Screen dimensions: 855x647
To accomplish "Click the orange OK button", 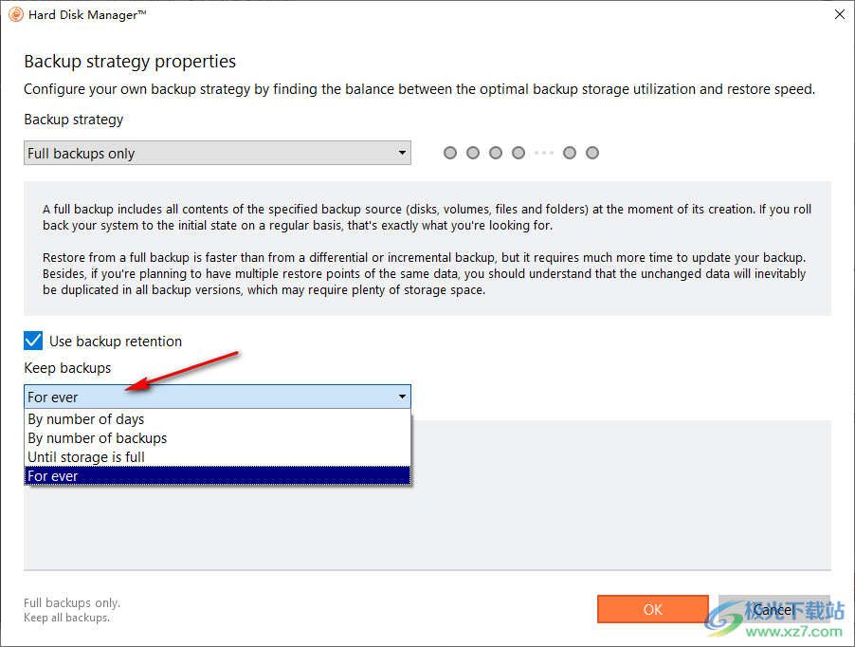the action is pyautogui.click(x=653, y=609).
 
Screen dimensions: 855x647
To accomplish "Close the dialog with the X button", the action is pyautogui.click(x=839, y=14).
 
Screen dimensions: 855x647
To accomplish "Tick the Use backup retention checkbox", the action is pyautogui.click(x=33, y=341).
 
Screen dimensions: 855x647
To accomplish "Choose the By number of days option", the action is pyautogui.click(x=86, y=419).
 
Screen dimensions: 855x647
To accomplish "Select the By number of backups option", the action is pyautogui.click(x=97, y=438).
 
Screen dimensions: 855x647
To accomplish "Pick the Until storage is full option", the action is pyautogui.click(x=86, y=457).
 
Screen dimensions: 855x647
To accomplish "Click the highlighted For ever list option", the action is pyautogui.click(x=218, y=475).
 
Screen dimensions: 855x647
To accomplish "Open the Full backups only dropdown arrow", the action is pyautogui.click(x=402, y=153).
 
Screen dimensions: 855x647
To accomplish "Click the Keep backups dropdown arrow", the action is pyautogui.click(x=402, y=397).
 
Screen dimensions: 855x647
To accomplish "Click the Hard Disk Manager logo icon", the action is pyautogui.click(x=16, y=15).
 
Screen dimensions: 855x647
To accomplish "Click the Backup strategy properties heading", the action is pyautogui.click(x=130, y=61).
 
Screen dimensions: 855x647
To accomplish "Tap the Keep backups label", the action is pyautogui.click(x=67, y=368).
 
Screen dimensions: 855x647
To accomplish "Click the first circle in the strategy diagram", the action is pyautogui.click(x=450, y=153).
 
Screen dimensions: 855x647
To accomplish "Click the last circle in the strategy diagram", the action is pyautogui.click(x=592, y=153).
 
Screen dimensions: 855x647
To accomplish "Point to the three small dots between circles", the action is pyautogui.click(x=544, y=154).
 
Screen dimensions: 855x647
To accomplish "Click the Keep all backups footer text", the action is pyautogui.click(x=66, y=618).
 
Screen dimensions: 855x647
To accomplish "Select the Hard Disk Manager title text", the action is pyautogui.click(x=87, y=15).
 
